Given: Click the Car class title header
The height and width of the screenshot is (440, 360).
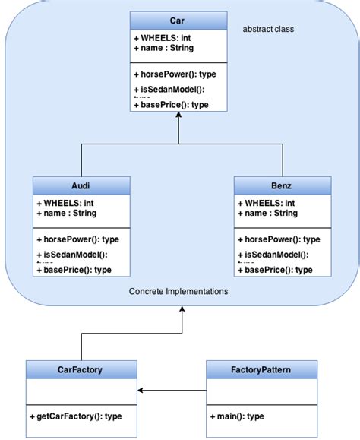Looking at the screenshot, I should click(x=177, y=20).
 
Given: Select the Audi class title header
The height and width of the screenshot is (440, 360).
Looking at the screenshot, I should click(x=81, y=185).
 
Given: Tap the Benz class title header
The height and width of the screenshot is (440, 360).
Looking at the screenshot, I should click(x=282, y=185).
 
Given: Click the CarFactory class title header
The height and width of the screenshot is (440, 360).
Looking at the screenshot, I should click(x=81, y=370).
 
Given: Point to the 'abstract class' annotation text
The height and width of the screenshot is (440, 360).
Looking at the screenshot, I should click(x=268, y=29).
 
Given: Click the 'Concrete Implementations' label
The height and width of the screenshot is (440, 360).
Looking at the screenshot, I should click(x=178, y=291).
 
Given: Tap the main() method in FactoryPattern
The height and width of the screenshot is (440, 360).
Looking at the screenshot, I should click(x=237, y=416).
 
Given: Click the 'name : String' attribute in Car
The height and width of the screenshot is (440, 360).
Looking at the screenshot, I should click(x=163, y=48).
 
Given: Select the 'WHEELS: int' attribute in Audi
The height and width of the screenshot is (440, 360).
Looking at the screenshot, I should click(x=65, y=203).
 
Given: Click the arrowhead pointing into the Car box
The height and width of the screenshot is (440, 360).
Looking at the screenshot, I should click(x=178, y=117).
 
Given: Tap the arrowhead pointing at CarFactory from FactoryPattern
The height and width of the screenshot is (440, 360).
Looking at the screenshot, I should click(x=142, y=391).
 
